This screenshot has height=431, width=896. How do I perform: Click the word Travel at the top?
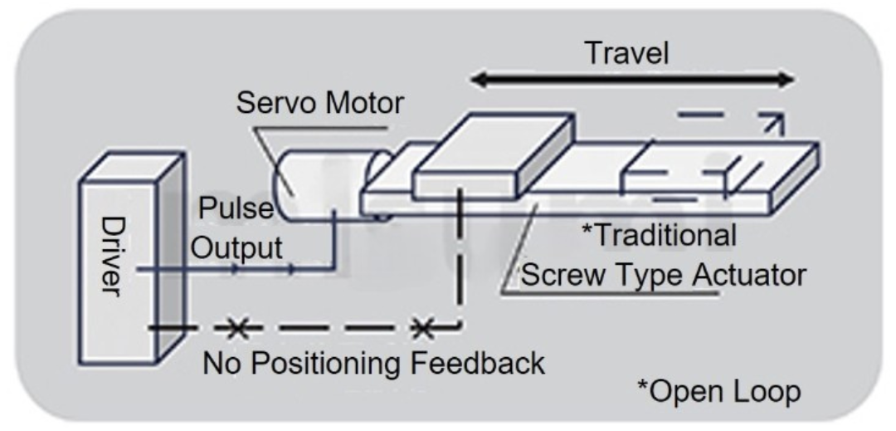click(627, 52)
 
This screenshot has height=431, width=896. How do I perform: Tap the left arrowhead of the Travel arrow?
click(480, 80)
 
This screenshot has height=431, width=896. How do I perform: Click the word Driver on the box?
click(113, 256)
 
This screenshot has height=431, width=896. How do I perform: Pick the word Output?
click(236, 248)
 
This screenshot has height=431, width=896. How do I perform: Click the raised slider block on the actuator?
click(493, 154)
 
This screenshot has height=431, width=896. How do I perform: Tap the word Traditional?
click(658, 236)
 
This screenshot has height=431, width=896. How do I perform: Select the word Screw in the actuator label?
click(563, 275)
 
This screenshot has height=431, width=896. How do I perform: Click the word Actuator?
click(749, 275)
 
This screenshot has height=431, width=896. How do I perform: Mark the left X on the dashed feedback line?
click(238, 328)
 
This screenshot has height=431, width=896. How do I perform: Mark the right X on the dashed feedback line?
click(423, 328)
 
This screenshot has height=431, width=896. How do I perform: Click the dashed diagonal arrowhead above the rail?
click(774, 122)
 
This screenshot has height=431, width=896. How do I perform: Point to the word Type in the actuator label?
click(649, 276)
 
